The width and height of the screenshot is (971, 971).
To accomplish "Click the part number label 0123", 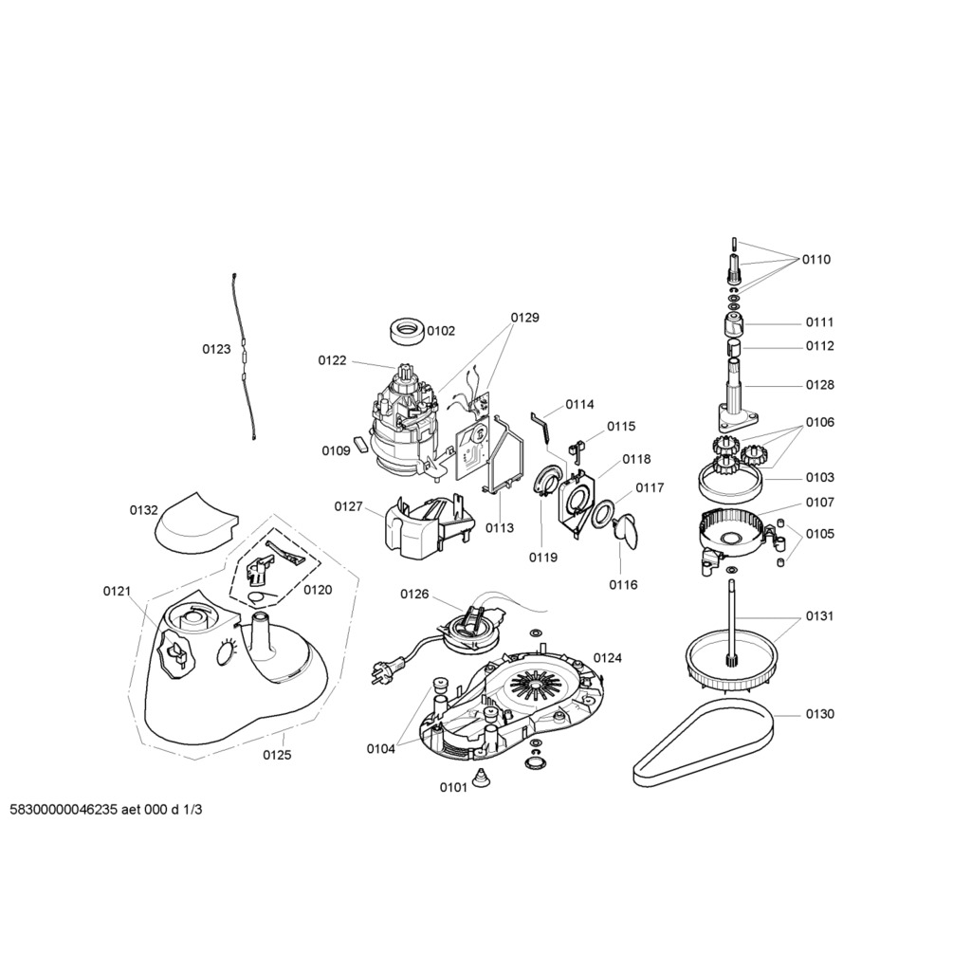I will tap(215, 349).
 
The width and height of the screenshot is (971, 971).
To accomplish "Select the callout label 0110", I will tap(816, 260).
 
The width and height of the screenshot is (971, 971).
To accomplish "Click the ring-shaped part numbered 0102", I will tap(405, 333).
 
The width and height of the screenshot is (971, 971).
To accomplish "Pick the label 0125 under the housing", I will tap(277, 756).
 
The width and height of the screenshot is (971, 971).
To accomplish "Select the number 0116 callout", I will tap(623, 585).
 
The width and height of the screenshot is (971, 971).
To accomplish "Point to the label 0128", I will tap(820, 385).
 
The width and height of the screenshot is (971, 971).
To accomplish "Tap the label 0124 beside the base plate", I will tap(608, 657).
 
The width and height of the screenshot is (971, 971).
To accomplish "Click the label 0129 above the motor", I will tap(524, 318).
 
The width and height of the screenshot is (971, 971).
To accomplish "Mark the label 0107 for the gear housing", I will tap(820, 503).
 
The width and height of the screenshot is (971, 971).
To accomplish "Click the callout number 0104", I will tap(381, 749).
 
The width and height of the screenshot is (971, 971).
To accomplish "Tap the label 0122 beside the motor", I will tap(332, 360).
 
